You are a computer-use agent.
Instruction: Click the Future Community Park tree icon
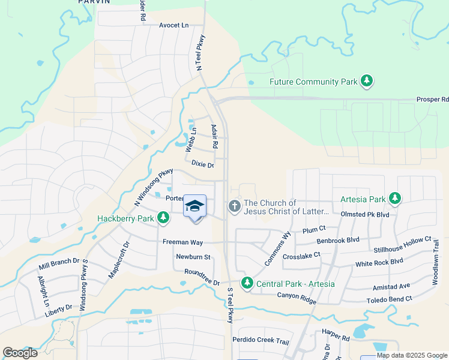366,81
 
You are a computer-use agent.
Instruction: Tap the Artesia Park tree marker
394,198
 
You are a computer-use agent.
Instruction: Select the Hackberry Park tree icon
163,218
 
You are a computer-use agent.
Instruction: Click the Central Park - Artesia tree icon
246,283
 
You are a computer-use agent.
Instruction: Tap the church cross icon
234,206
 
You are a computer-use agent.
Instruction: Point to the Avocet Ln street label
173,26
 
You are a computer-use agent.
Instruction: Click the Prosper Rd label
432,100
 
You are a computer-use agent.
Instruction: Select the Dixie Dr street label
202,163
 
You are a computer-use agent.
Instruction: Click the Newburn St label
193,257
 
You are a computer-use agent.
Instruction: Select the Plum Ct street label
314,229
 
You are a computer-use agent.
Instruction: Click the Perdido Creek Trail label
265,341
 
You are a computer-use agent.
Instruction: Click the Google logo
20,352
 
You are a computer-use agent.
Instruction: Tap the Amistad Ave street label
391,286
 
